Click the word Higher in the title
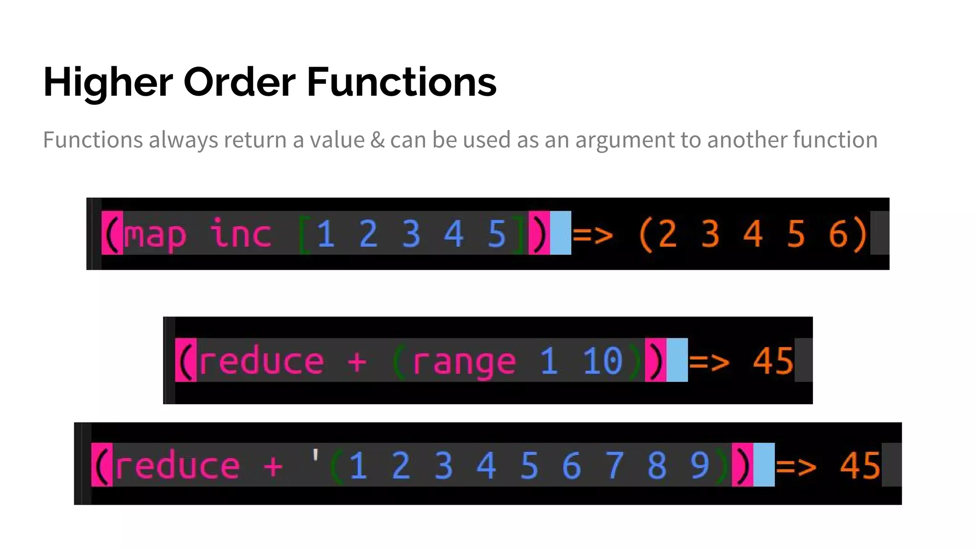point(108,82)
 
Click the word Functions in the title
point(401,82)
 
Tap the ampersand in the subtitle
point(377,140)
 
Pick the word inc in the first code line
point(241,234)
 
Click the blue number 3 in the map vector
point(411,234)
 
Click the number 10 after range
point(603,361)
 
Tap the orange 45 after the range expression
point(773,361)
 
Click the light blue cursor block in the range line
point(677,360)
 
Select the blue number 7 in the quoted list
point(614,466)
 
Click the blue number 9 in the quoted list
point(700,466)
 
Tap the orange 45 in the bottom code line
point(860,466)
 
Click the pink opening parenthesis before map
point(112,233)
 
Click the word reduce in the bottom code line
point(177,466)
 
